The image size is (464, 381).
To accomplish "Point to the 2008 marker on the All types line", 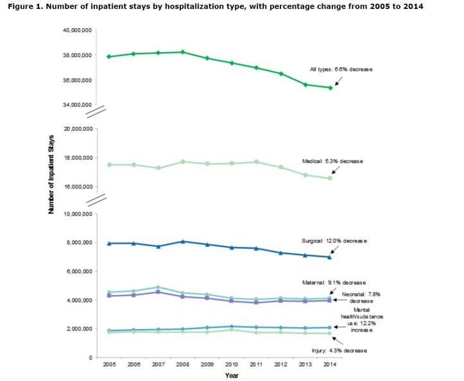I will click(x=184, y=52).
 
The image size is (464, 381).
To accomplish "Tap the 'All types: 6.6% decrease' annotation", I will click(x=341, y=69).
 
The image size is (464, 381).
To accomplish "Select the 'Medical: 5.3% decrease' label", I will click(x=332, y=161).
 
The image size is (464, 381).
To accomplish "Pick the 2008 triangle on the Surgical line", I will click(x=184, y=241).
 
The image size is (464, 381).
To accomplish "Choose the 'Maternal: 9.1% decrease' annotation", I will click(x=333, y=282).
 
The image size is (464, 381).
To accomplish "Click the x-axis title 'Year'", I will click(x=232, y=375).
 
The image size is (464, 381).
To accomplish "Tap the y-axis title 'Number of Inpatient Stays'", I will click(x=52, y=177).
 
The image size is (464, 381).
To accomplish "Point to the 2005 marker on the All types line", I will click(x=110, y=56).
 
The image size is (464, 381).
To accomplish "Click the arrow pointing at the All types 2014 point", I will click(x=338, y=81).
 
